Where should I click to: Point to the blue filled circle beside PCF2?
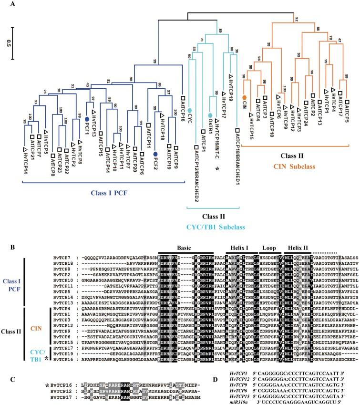155,154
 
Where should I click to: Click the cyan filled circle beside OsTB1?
209,115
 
